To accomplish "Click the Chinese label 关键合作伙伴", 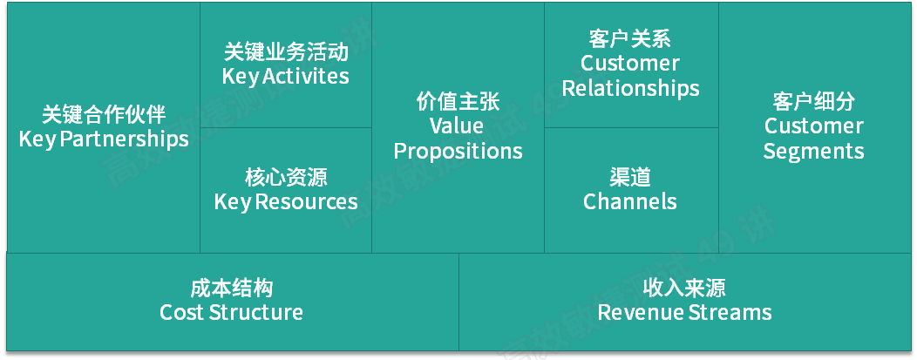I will point(104,114).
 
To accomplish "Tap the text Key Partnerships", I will point(104,139).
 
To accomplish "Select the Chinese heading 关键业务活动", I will point(286,51).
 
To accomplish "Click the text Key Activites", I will point(286,76).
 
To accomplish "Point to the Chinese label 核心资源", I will point(286,178).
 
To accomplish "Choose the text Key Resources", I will point(286,202).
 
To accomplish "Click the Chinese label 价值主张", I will point(458,101).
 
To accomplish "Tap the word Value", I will point(457,126).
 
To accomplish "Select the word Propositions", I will point(458,151).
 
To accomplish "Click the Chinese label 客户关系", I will point(630,38).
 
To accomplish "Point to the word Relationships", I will point(630,88).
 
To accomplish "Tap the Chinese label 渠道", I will point(630,178).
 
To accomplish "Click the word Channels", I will point(630,202).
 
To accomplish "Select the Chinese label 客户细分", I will point(813,101).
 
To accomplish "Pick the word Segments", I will point(813,151).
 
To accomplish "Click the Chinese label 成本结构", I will point(232,288).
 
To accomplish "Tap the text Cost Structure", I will point(232,312).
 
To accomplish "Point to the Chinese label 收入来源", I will point(684,288).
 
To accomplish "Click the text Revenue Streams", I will point(684,312).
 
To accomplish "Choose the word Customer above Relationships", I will point(630,64).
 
